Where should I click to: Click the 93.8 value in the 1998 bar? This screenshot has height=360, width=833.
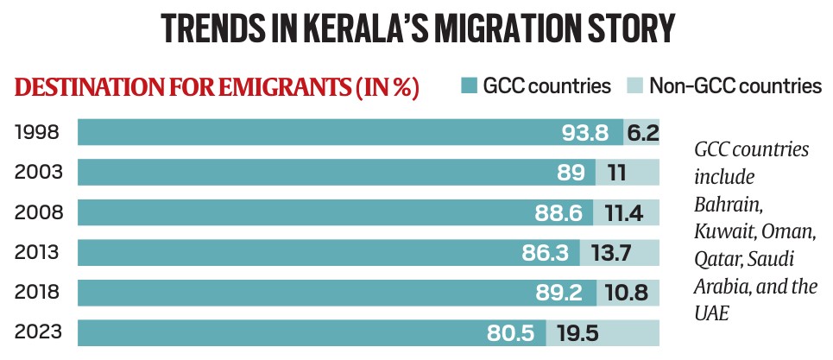[x=586, y=132]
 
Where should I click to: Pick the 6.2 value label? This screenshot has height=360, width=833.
[x=643, y=132]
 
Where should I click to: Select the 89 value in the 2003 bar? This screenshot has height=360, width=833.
[x=572, y=173]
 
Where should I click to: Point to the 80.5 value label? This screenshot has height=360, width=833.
[x=514, y=332]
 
